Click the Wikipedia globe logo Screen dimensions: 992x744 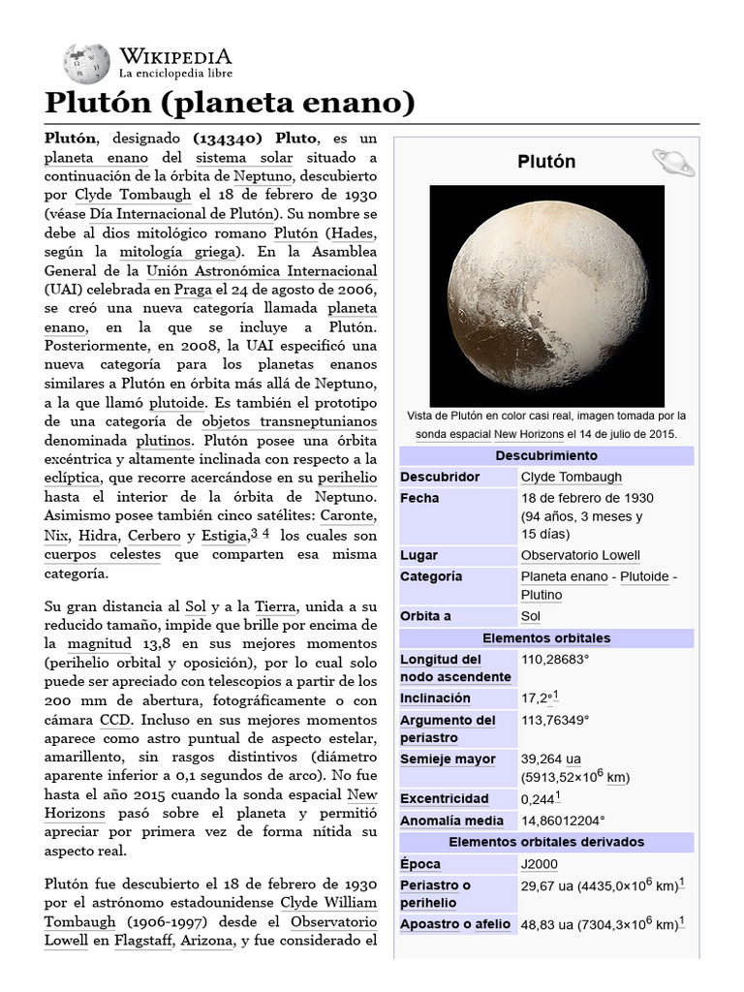pyautogui.click(x=86, y=62)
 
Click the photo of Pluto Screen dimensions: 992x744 pyautogui.click(x=546, y=294)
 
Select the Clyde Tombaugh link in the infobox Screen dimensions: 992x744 pyautogui.click(x=571, y=477)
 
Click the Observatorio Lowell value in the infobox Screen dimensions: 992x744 pyautogui.click(x=580, y=555)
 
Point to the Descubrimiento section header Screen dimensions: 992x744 pyautogui.click(x=546, y=455)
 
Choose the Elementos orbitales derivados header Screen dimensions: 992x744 pyautogui.click(x=546, y=842)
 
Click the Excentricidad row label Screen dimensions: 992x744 pyautogui.click(x=444, y=799)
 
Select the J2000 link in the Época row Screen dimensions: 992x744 pyautogui.click(x=539, y=864)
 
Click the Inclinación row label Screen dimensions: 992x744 pyautogui.click(x=435, y=698)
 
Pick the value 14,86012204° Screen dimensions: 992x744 pyautogui.click(x=563, y=821)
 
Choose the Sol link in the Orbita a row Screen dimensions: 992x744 pyautogui.click(x=531, y=616)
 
